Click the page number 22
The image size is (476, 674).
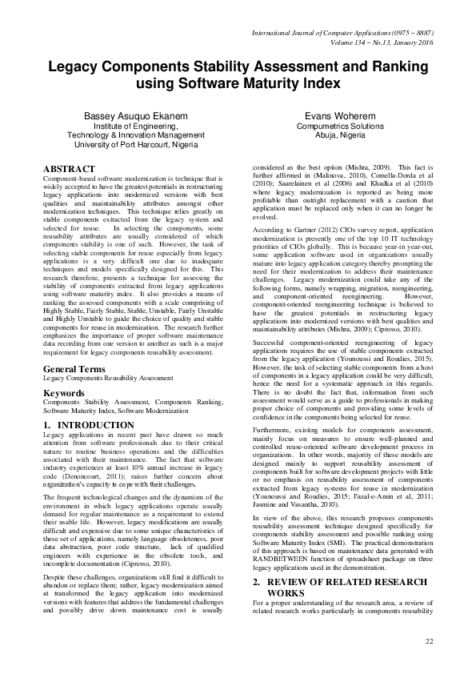coord(429,641)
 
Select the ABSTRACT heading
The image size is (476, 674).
coord(69,170)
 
